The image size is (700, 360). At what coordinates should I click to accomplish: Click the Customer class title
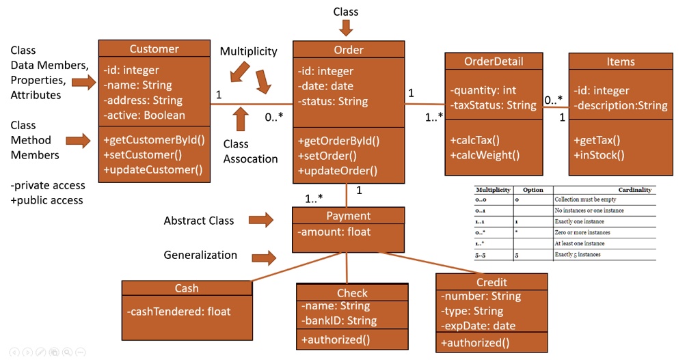[154, 49]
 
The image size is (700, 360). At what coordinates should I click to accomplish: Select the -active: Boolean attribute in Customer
[144, 115]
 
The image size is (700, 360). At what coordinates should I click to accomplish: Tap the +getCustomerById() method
[154, 140]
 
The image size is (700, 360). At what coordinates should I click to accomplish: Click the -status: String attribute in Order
[332, 101]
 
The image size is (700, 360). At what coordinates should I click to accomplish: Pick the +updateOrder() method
[338, 170]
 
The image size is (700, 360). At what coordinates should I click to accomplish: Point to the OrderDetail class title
[494, 61]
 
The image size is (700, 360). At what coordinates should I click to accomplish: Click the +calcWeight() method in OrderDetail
[485, 154]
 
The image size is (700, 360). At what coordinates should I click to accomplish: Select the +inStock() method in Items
[600, 154]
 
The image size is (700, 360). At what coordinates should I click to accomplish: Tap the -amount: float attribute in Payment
[334, 232]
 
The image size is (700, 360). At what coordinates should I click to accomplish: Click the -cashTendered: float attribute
[178, 311]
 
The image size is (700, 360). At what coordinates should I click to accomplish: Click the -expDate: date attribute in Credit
[478, 326]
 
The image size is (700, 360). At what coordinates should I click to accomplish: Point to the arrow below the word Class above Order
[346, 27]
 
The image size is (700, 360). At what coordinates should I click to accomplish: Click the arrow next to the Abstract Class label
[260, 220]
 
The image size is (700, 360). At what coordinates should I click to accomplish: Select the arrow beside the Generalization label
[264, 258]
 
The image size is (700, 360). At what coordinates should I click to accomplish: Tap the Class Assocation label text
[250, 152]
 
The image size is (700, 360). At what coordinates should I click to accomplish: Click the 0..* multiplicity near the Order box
[274, 117]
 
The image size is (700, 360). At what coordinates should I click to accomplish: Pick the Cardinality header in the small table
[635, 190]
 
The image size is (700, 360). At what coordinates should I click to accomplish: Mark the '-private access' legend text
[48, 185]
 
